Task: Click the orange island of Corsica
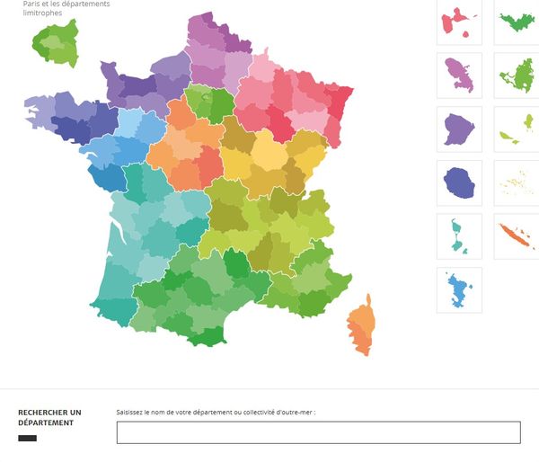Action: coord(363,328)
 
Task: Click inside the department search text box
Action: coord(318,432)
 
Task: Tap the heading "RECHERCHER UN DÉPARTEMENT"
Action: coord(49,417)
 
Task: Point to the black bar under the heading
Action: coord(28,438)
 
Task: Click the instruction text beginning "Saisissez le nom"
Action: coord(216,413)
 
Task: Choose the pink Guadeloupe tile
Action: coord(459,22)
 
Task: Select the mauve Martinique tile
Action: coord(459,76)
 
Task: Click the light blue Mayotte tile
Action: coord(459,290)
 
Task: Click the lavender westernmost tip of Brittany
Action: coord(38,109)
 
